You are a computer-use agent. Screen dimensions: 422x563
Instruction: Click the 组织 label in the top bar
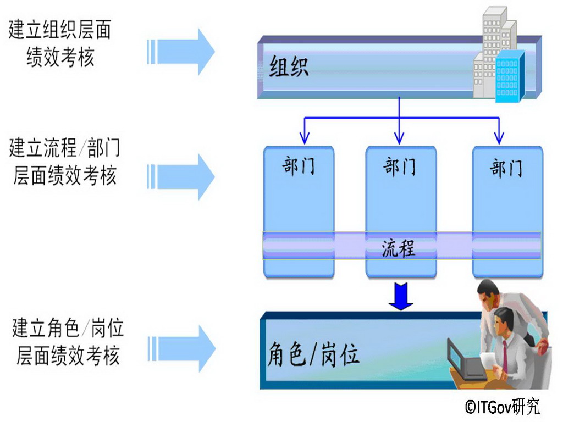289,67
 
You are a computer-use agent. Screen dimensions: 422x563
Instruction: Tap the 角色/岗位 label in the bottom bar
314,354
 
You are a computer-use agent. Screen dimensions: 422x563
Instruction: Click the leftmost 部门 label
299,165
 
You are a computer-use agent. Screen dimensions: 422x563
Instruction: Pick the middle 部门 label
400,165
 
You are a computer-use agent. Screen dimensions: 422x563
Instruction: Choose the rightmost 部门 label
506,167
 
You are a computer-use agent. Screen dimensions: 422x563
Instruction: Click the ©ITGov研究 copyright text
502,407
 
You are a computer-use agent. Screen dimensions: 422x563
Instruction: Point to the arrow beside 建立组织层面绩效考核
181,52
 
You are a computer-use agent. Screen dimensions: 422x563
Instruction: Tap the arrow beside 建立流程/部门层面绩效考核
181,176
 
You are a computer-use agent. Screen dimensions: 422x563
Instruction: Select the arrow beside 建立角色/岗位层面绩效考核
181,348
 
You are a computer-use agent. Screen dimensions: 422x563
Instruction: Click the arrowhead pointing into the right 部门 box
499,137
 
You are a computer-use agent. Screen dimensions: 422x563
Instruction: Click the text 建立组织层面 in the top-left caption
59,30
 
